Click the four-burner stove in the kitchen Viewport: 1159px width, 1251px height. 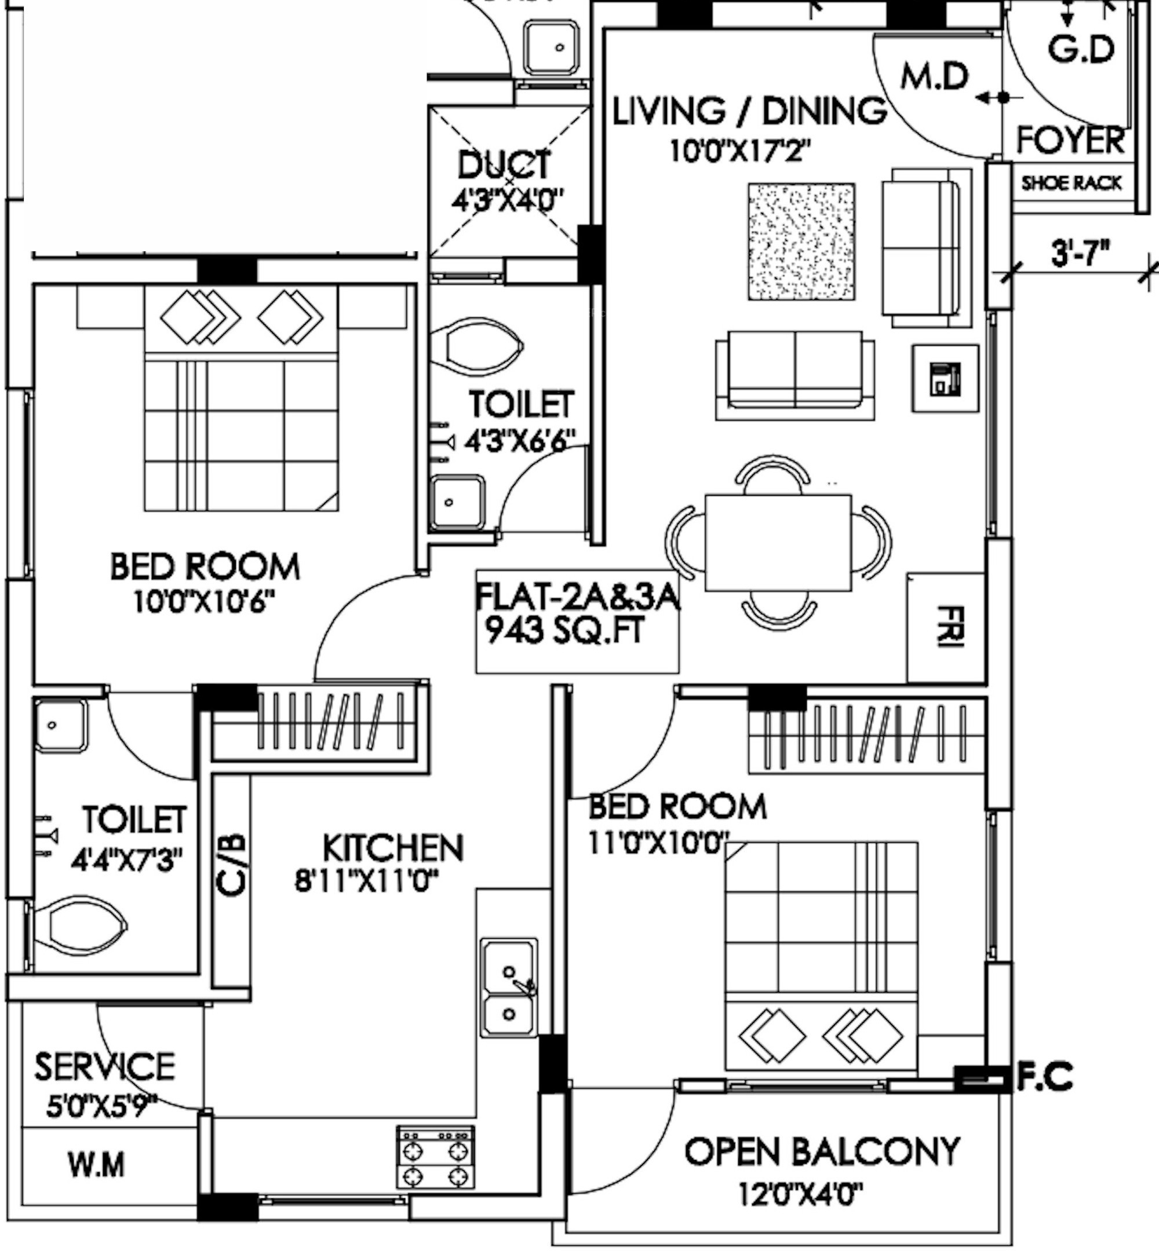[x=435, y=1157]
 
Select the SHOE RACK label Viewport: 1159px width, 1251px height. [x=1071, y=183]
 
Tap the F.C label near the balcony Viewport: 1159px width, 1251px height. [x=1044, y=1077]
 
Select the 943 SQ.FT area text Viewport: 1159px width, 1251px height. [x=565, y=631]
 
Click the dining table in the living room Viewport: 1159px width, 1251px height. [x=778, y=540]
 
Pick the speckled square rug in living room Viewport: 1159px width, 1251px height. [x=801, y=242]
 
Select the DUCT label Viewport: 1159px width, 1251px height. [x=504, y=166]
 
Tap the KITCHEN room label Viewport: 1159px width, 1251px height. [x=392, y=848]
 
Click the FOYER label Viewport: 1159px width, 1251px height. [x=1070, y=140]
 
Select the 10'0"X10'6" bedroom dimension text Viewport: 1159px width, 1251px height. [x=205, y=603]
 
